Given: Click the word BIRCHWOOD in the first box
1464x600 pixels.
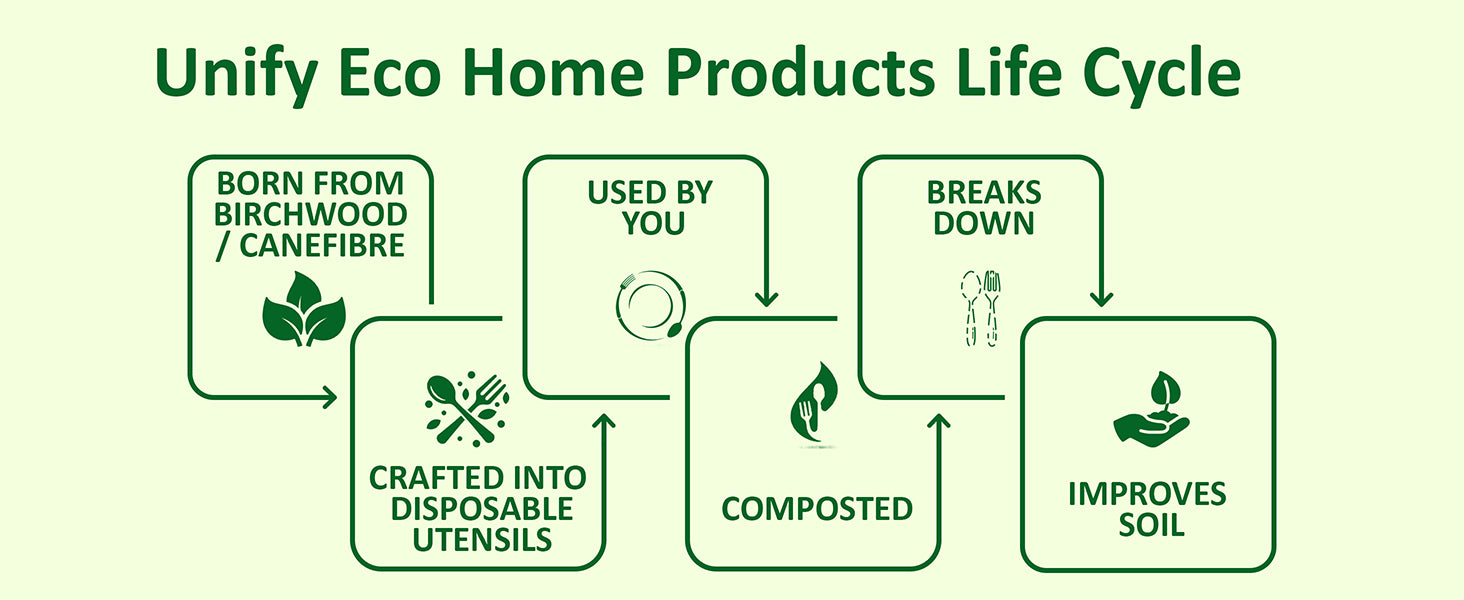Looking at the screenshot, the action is click(310, 214).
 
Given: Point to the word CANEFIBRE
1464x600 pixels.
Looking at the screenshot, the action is click(322, 246).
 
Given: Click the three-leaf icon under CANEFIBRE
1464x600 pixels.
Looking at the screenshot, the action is click(304, 309).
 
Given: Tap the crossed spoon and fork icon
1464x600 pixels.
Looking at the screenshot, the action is click(467, 409).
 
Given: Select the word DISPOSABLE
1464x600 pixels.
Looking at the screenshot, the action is click(482, 509).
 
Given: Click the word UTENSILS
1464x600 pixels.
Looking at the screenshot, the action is click(482, 540).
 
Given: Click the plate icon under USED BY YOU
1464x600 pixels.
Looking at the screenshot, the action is click(650, 305).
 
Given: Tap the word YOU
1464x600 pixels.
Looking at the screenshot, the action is click(653, 224).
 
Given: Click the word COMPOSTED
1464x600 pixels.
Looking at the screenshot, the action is click(817, 509).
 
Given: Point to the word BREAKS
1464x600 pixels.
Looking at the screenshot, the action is click(984, 193).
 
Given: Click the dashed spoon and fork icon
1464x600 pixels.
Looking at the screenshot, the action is click(981, 308).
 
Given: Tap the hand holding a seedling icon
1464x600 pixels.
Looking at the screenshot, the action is click(1152, 410).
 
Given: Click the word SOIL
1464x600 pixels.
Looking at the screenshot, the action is click(1152, 525).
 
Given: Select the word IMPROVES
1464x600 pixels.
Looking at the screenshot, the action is click(1147, 495).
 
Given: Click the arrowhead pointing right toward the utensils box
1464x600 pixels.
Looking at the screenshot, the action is click(330, 397).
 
